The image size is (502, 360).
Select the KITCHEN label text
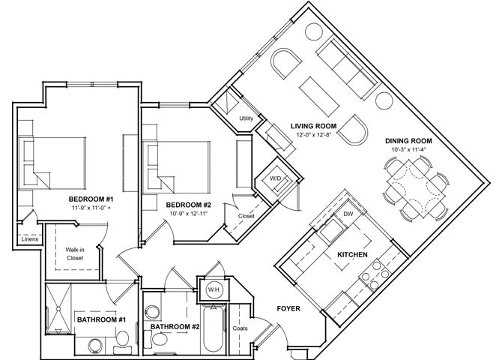(351, 255)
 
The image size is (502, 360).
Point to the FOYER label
(289, 309)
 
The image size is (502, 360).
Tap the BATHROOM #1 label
(100, 320)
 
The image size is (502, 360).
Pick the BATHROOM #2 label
(175, 327)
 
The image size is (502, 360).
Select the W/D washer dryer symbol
(275, 179)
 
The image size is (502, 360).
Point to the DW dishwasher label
(347, 214)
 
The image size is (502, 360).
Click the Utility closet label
(246, 118)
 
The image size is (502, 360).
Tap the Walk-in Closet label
(74, 253)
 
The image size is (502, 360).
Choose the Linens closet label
(20, 240)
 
